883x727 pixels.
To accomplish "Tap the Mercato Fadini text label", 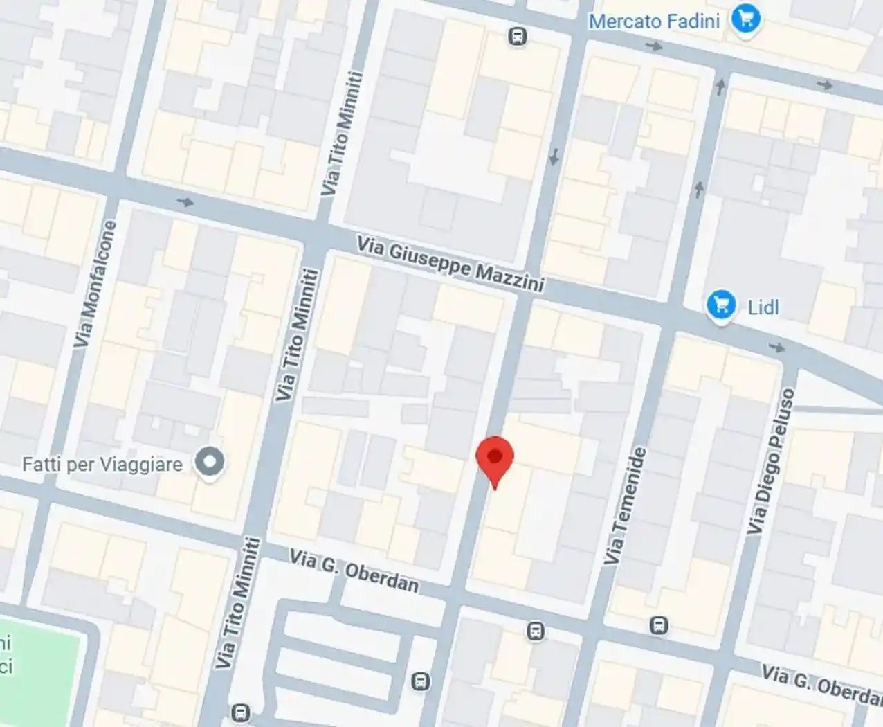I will point(654,21).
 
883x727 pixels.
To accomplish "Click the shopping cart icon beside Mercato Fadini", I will point(745,19).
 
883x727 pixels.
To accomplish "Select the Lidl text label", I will point(763,307).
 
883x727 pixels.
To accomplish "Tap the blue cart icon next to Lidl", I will point(721,305).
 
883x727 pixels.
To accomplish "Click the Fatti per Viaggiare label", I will point(102,464).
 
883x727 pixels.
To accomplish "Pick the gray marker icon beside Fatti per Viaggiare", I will point(209,462).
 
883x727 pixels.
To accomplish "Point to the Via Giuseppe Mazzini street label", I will point(450,264).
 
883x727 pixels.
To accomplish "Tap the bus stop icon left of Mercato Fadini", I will point(517,36).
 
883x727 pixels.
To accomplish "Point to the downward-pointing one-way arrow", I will point(554,158).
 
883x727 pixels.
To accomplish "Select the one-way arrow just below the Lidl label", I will point(777,347).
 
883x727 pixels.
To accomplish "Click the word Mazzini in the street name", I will point(509,276).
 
